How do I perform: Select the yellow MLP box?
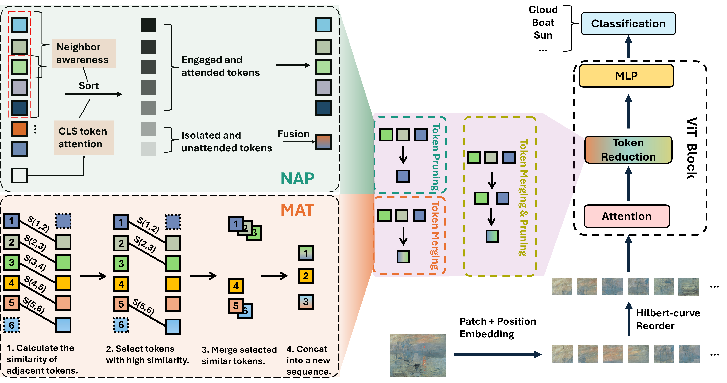(626, 76)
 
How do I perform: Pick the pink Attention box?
(627, 216)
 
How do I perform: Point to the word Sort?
(89, 86)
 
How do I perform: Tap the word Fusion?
(293, 134)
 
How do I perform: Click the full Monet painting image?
(418, 355)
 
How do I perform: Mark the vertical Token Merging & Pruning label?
(523, 197)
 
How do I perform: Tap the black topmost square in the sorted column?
(148, 25)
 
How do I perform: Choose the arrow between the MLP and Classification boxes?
(628, 47)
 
